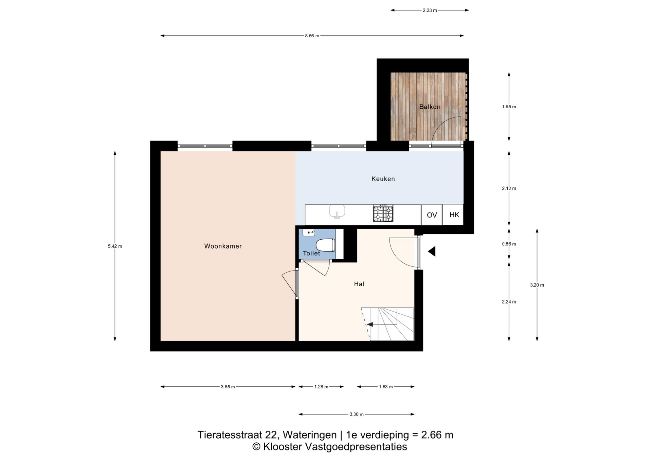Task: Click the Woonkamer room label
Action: pos(223,246)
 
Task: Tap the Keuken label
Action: pos(383,179)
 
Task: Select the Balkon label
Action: pos(430,107)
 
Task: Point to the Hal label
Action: pos(359,284)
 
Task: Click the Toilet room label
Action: pos(311,253)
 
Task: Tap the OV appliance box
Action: pos(432,215)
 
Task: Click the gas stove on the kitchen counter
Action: pos(383,214)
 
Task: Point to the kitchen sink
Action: pos(337,211)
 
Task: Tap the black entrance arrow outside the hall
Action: pos(432,252)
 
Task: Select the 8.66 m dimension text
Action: pos(312,36)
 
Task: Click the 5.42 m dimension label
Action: pos(115,246)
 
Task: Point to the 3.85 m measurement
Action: pos(228,387)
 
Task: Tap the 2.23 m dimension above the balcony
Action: pos(430,10)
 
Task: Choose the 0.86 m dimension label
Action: pos(509,244)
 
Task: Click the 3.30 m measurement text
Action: pos(356,414)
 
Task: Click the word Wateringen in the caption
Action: pos(310,435)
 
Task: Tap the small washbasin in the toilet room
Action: pos(309,233)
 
